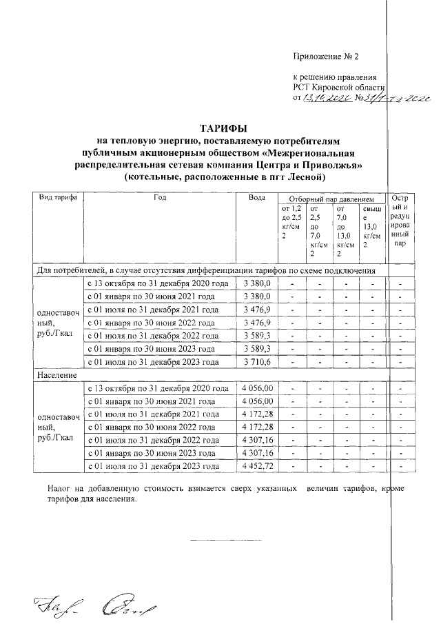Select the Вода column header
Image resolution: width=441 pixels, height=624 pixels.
[x=257, y=198]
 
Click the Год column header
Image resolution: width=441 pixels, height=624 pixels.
[x=160, y=198]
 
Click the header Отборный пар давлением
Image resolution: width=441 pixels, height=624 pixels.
[x=331, y=198]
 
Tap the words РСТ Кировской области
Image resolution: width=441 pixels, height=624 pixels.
[x=338, y=88]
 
